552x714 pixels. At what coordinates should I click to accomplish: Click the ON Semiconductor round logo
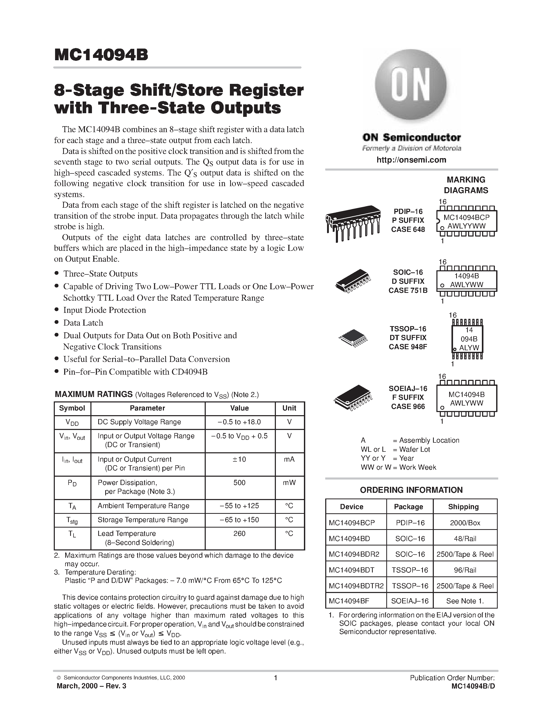point(410,86)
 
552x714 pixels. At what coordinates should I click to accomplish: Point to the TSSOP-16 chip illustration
point(353,339)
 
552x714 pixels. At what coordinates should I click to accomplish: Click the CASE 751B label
point(408,290)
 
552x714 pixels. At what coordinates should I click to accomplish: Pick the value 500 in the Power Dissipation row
point(240,483)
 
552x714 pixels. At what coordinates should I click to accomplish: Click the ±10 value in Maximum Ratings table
point(240,459)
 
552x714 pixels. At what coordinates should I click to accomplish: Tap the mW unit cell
point(289,483)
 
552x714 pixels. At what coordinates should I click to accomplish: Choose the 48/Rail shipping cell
point(465,538)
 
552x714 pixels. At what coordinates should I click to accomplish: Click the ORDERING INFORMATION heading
point(411,490)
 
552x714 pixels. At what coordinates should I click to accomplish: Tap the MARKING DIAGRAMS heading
point(466,185)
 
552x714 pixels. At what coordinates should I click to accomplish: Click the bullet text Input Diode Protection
point(104,310)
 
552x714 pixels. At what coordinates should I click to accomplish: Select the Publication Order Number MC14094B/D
point(473,686)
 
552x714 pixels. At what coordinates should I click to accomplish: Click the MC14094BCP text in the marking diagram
point(466,217)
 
